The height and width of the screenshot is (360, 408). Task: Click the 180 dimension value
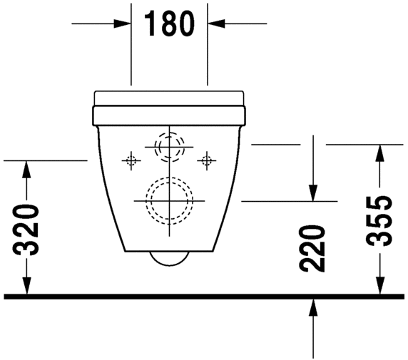tap(170, 24)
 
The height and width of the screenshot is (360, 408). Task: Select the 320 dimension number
tap(26, 229)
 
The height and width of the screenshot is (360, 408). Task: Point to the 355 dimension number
tap(381, 220)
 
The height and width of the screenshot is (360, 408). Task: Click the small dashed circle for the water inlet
tap(170, 148)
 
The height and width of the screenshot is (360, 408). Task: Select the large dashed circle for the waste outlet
tap(169, 200)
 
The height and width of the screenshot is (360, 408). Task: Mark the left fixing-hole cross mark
tap(131, 160)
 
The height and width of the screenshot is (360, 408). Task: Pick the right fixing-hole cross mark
tap(207, 160)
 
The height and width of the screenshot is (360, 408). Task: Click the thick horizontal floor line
tap(203, 296)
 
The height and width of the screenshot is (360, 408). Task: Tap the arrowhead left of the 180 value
tap(124, 24)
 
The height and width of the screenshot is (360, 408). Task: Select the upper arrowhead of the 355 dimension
tap(381, 153)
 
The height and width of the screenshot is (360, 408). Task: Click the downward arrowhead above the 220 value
tap(312, 192)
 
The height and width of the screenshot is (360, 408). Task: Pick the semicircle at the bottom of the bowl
tap(170, 257)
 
